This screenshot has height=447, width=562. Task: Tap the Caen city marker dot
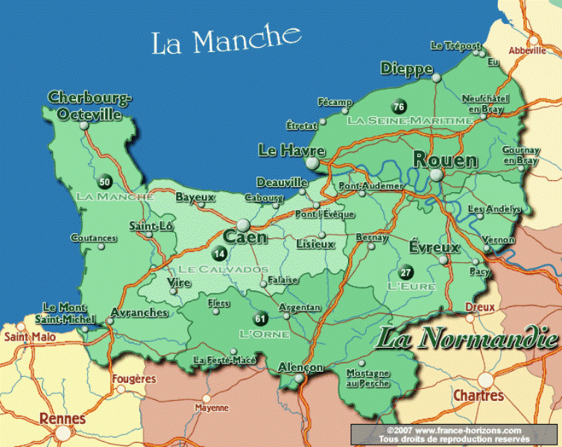243,225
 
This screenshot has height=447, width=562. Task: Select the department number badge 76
399,106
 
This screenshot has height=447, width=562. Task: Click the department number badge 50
104,181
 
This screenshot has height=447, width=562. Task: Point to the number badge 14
218,253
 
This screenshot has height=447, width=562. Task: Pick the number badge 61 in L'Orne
259,318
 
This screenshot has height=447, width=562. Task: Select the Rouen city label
445,160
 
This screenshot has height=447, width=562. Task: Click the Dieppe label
406,69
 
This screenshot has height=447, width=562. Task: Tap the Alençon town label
300,367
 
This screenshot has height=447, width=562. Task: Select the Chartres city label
478,396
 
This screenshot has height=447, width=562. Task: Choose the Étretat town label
301,125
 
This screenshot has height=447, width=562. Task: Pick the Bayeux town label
195,197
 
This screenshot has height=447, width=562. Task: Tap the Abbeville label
528,51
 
